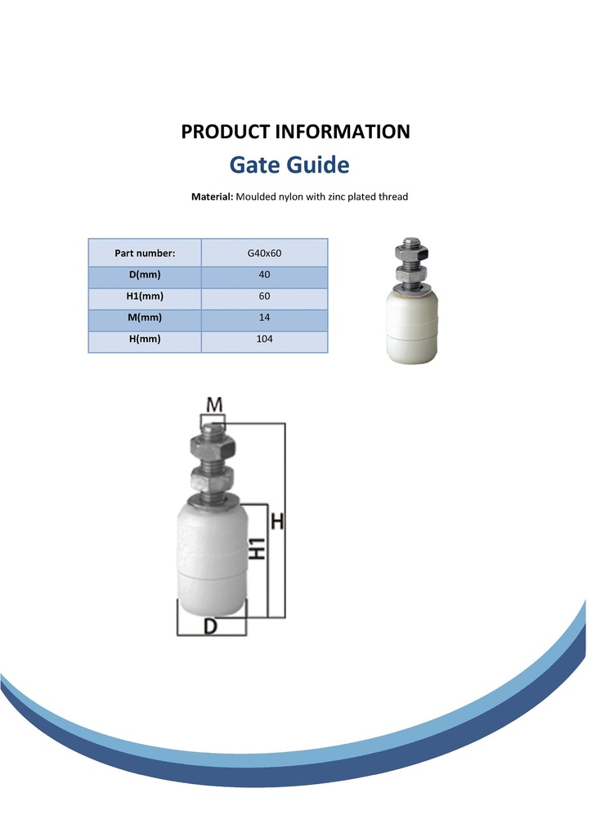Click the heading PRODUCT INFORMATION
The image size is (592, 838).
(295, 132)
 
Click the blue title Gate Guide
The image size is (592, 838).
(289, 164)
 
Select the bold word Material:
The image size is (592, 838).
(212, 196)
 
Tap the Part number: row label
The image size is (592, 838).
(145, 254)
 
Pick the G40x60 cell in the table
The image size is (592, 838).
(264, 254)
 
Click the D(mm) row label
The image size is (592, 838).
(145, 275)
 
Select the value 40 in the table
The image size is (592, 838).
(264, 275)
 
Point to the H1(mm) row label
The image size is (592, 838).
(145, 296)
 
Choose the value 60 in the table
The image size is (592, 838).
(264, 296)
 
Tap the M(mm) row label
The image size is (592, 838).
(145, 318)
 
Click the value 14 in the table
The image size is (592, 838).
(264, 318)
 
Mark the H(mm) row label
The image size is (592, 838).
(145, 339)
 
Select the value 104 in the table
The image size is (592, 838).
(264, 339)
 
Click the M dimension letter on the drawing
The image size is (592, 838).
(214, 404)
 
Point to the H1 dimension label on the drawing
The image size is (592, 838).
(258, 549)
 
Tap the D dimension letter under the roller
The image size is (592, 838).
(211, 626)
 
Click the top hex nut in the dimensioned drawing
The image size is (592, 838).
(213, 445)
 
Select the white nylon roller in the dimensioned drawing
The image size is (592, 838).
(212, 557)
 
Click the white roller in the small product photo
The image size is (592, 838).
(411, 326)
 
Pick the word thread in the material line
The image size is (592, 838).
(393, 196)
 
